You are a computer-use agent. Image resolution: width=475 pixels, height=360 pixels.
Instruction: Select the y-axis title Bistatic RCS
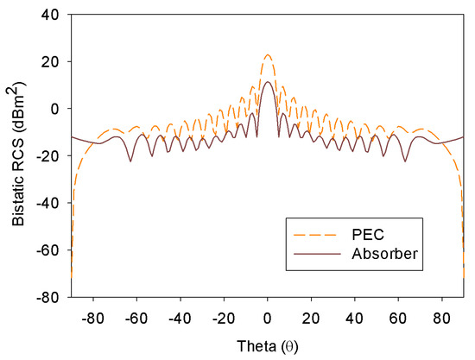pos(17,155)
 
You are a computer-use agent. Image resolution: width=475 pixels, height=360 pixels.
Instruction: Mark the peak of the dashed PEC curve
pos(268,55)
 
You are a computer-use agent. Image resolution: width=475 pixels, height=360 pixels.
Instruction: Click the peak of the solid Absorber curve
pos(268,82)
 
